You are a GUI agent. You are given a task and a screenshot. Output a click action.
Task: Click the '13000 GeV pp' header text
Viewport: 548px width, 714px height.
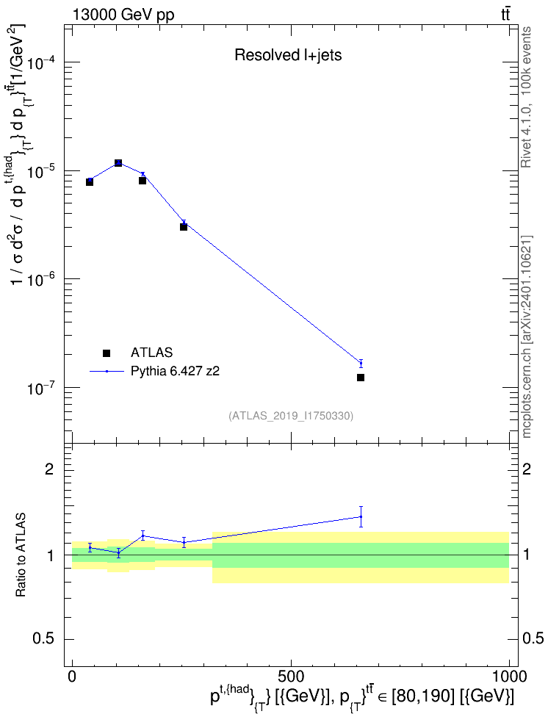(x=123, y=15)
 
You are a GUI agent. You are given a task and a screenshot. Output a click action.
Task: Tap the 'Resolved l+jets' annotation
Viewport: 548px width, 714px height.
(x=288, y=55)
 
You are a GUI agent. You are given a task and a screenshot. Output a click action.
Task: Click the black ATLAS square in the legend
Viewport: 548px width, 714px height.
(x=107, y=353)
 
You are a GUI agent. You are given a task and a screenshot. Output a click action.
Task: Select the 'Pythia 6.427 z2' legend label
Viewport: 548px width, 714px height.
(x=175, y=372)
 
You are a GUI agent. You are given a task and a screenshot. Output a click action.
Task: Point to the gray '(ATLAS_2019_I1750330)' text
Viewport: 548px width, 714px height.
(x=291, y=416)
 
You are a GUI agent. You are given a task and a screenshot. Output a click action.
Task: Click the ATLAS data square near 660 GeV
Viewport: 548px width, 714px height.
(x=361, y=378)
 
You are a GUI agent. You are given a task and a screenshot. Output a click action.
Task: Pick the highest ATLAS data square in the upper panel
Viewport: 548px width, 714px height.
(x=118, y=162)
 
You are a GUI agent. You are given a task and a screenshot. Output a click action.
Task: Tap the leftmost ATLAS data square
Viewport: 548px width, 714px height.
(x=90, y=181)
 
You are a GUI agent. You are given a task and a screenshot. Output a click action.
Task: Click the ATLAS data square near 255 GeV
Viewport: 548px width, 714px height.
(x=184, y=226)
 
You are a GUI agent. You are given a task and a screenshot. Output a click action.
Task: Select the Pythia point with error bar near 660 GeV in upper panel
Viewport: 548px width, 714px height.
(x=361, y=363)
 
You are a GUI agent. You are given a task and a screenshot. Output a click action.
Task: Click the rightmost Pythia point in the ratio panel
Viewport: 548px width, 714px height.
(x=361, y=516)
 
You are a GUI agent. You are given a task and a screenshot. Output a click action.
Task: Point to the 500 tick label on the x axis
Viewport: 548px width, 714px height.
(x=291, y=676)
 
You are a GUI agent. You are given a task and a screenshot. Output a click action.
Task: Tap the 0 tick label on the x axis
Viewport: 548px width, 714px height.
(x=72, y=676)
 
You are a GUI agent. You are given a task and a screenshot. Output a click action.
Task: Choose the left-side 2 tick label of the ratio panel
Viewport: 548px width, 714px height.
(x=49, y=469)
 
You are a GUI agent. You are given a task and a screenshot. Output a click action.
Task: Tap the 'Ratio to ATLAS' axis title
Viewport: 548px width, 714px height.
(x=21, y=555)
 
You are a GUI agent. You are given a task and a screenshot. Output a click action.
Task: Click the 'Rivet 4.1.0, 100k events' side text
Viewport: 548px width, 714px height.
(x=526, y=97)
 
